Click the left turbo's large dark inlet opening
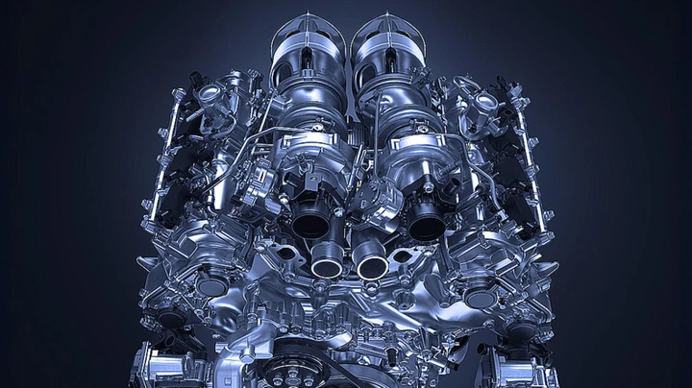pos(309,223)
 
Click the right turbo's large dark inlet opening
pos(426,224)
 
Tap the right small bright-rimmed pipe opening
pos(371,263)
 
